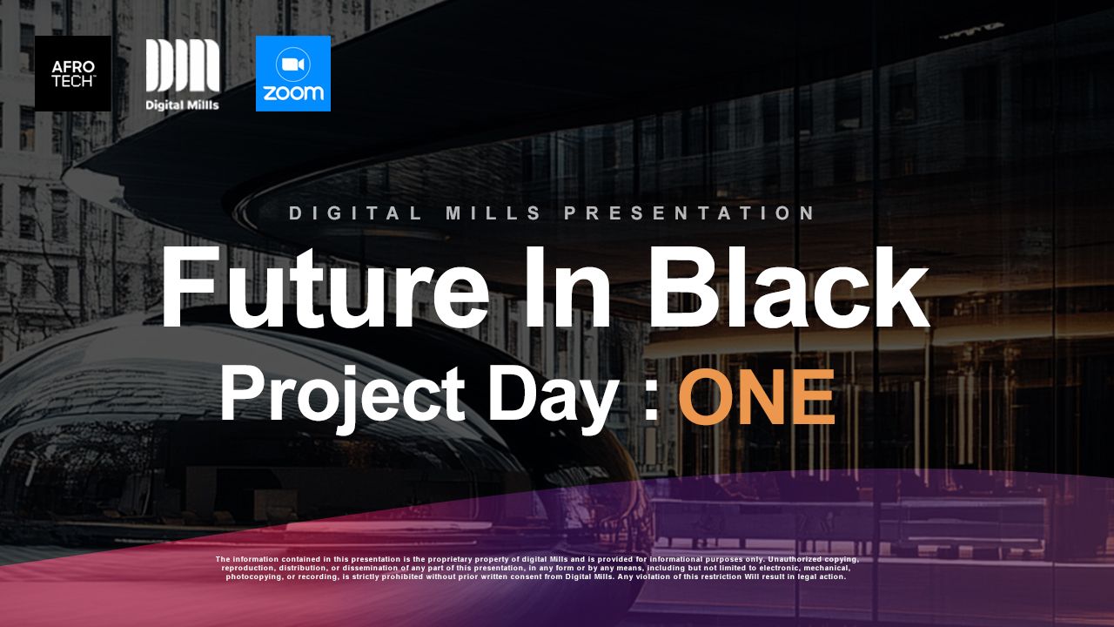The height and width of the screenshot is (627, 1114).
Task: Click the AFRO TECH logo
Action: [x=73, y=73]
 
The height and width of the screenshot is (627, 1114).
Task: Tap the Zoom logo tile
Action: [x=293, y=73]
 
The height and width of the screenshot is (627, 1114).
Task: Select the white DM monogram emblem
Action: [x=183, y=65]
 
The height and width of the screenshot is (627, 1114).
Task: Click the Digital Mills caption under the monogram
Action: [x=182, y=105]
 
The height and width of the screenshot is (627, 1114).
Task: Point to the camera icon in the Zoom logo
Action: [x=293, y=64]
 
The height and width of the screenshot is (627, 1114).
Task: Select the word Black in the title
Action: [x=789, y=287]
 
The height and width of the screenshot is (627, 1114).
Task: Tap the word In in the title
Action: [x=567, y=287]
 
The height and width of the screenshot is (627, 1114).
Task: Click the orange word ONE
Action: [x=756, y=396]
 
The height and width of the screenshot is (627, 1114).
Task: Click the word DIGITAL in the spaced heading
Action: [x=356, y=213]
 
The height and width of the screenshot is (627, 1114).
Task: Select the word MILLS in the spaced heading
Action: [x=493, y=213]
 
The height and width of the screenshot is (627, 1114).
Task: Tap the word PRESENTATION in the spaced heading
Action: [x=688, y=213]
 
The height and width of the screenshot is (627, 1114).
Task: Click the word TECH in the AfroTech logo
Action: [x=72, y=81]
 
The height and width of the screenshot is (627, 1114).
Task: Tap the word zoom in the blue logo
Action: [x=293, y=92]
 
